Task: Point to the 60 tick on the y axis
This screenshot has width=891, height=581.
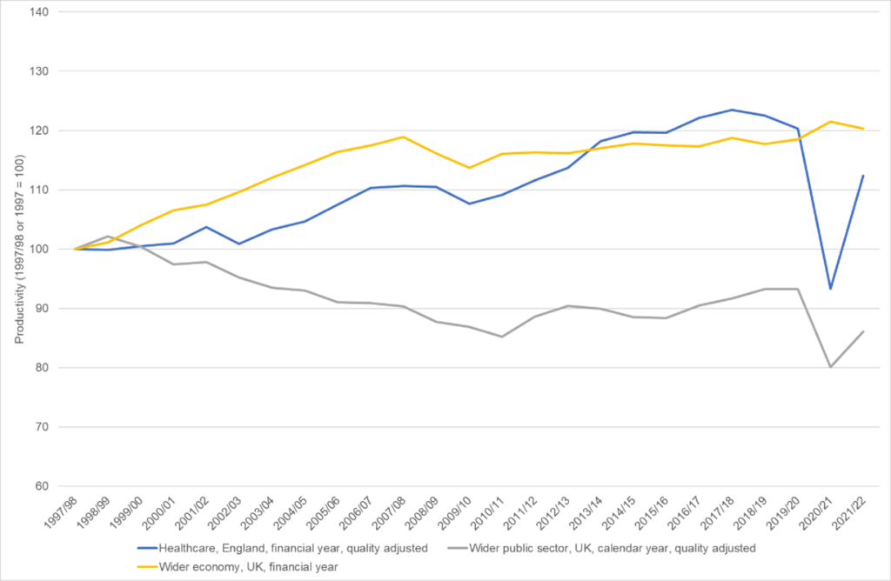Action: click(x=41, y=486)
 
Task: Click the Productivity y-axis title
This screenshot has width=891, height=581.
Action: click(x=18, y=250)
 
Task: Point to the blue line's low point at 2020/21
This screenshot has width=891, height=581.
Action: click(x=830, y=289)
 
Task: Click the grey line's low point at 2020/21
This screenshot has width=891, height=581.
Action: click(x=830, y=367)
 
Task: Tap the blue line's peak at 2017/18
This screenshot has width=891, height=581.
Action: click(x=732, y=110)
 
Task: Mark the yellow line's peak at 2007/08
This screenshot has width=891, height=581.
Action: click(x=403, y=137)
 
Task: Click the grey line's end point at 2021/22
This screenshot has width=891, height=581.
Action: click(x=863, y=331)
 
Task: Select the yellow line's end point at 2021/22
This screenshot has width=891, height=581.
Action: click(x=863, y=129)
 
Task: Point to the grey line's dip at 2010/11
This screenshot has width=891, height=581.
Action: click(x=501, y=337)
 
